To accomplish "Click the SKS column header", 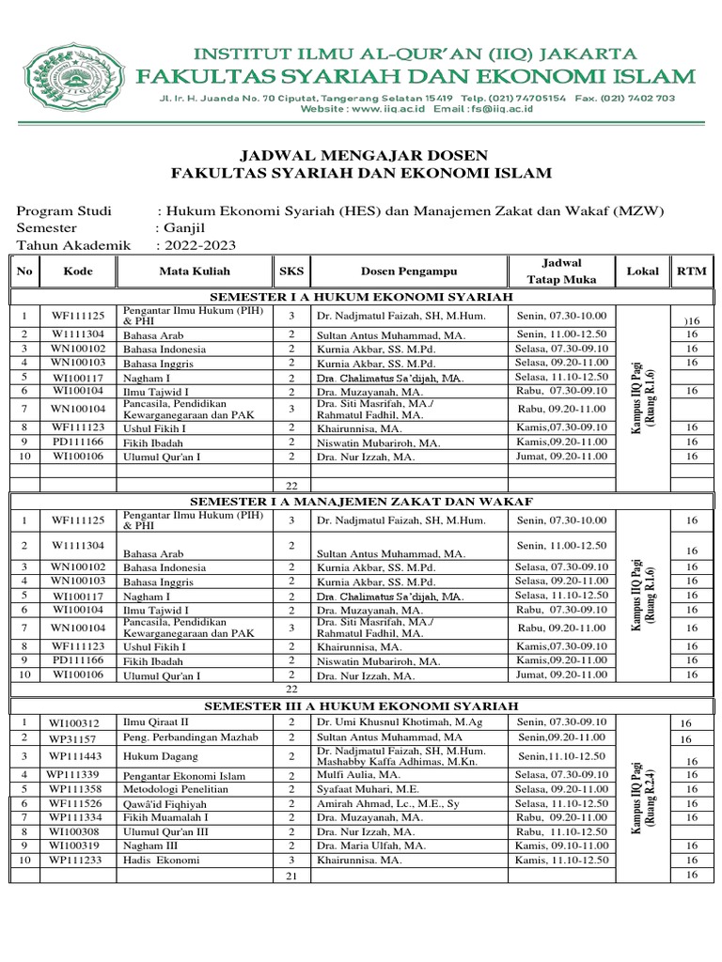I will pos(291,272).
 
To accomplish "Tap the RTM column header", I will pos(691,272).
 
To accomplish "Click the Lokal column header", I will pos(642,272).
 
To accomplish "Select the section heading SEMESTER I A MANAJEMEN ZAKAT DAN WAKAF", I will pos(361,502).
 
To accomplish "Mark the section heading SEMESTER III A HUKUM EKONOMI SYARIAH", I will pos(361,706).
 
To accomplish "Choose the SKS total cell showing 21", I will pos(291,876).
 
